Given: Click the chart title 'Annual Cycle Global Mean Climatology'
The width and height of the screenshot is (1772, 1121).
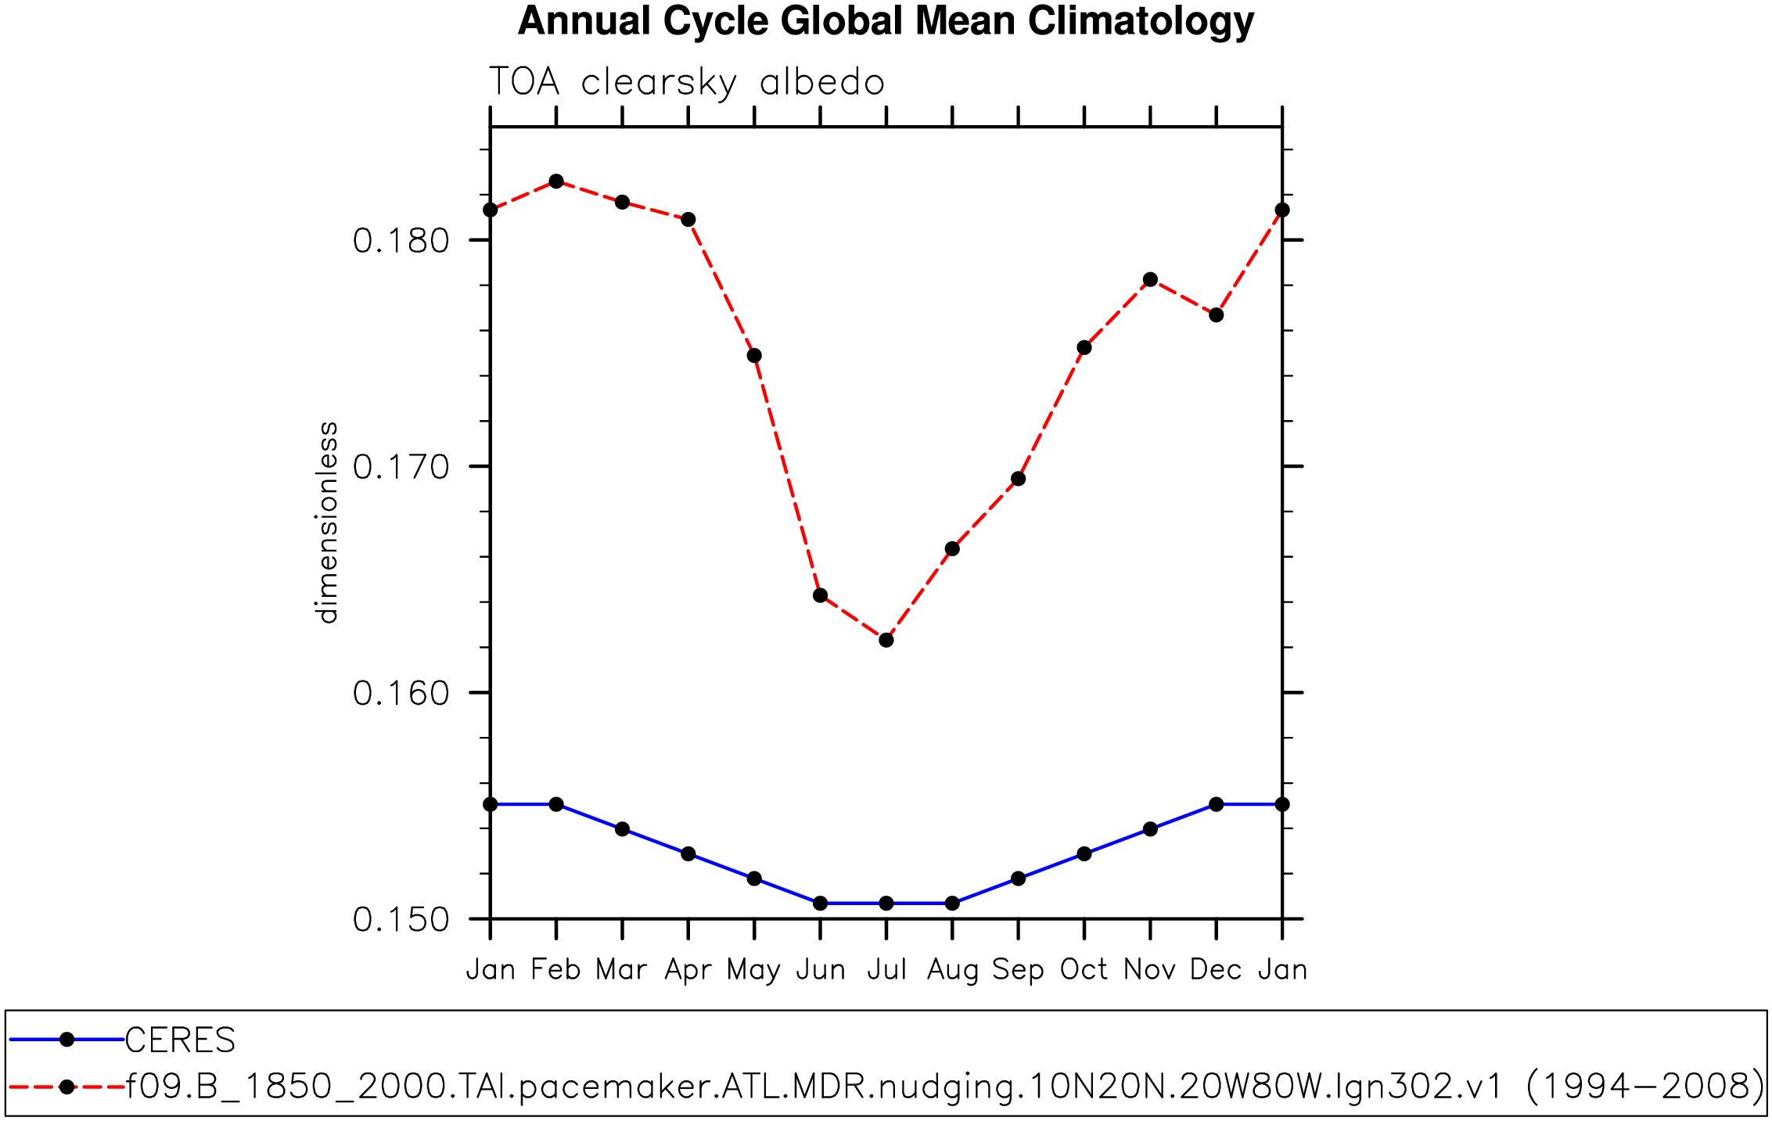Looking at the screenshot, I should (886, 21).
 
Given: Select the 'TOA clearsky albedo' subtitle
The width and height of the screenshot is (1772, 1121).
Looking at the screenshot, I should (686, 82).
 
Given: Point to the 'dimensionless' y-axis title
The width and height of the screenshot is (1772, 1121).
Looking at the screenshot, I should (327, 523).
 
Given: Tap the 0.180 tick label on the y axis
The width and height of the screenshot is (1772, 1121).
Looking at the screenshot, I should (401, 241).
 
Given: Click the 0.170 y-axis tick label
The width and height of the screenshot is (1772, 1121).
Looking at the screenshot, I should (401, 467).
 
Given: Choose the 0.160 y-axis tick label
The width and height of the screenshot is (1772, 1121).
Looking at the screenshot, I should (401, 693).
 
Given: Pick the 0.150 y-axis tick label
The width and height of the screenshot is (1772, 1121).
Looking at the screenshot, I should (401, 920).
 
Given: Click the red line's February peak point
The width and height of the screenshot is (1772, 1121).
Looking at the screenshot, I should (556, 181).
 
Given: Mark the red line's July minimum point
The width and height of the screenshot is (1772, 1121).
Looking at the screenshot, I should (886, 640).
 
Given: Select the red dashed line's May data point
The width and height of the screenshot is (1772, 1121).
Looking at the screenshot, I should (754, 356).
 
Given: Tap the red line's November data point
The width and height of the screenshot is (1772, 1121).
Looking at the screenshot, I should (1150, 279).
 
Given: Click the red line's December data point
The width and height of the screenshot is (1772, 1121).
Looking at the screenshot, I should (1216, 315).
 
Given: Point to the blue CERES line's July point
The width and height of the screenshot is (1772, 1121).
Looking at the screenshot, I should (886, 904).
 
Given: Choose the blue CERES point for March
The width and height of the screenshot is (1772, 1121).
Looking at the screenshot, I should (622, 829).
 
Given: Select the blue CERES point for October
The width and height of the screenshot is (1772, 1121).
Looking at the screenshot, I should (1084, 853).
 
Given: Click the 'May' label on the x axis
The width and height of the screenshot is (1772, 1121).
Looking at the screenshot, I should (753, 971).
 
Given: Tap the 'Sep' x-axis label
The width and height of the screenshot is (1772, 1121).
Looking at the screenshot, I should (1018, 971).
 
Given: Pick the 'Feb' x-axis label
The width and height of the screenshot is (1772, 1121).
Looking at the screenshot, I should (555, 970).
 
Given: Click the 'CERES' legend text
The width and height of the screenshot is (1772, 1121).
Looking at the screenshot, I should (180, 1040).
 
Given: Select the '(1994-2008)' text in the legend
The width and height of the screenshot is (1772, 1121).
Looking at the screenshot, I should (1644, 1087).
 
